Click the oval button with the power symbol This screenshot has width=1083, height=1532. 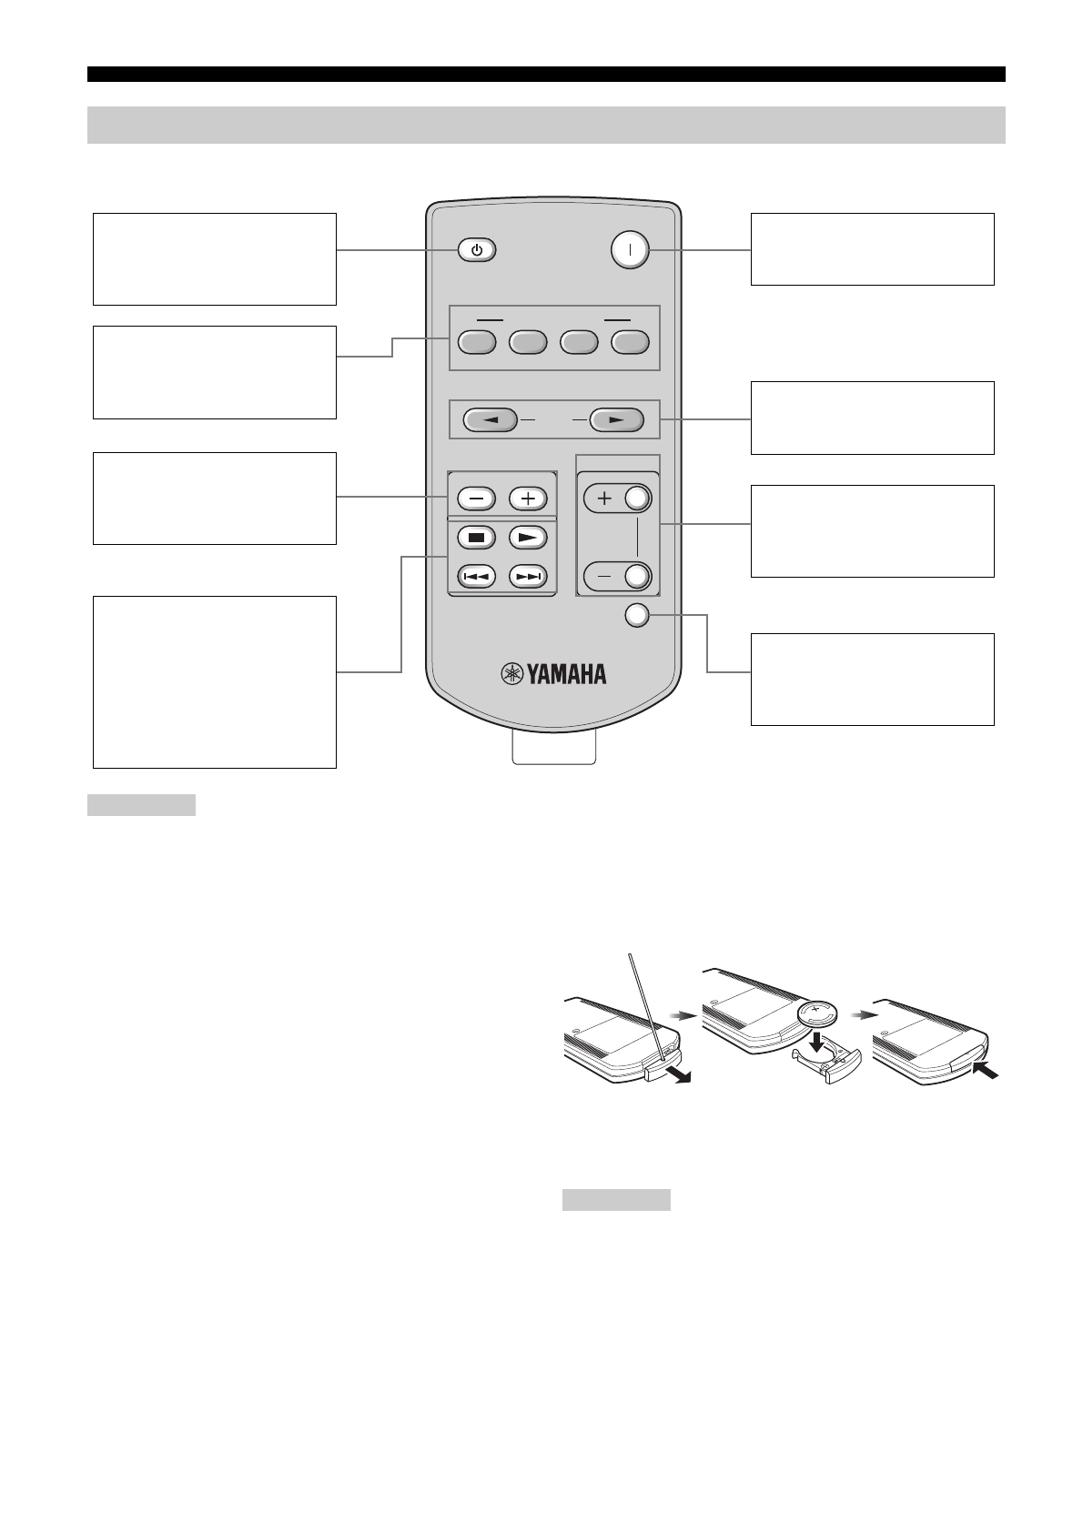pos(477,250)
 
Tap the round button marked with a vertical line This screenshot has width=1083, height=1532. pos(630,249)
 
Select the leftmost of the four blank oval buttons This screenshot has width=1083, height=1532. pos(476,342)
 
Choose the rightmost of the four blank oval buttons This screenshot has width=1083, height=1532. pos(630,342)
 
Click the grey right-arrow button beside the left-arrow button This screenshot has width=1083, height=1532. pos(616,420)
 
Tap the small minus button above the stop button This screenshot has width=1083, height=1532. pos(476,499)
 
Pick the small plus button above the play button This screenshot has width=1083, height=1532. pos(528,499)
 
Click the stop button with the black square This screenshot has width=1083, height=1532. pos(476,537)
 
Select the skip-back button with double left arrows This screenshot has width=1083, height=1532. pos(476,576)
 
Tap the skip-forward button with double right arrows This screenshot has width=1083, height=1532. pos(528,576)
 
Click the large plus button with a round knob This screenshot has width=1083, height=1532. pos(619,499)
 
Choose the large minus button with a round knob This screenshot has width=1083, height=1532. pos(619,576)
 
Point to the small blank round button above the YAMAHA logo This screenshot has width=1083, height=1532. pos(637,616)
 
